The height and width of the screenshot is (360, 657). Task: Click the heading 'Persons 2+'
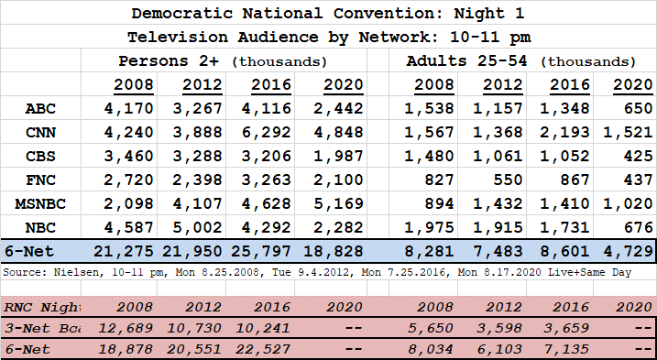click(169, 60)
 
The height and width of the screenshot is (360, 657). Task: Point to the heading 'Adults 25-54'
click(466, 60)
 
